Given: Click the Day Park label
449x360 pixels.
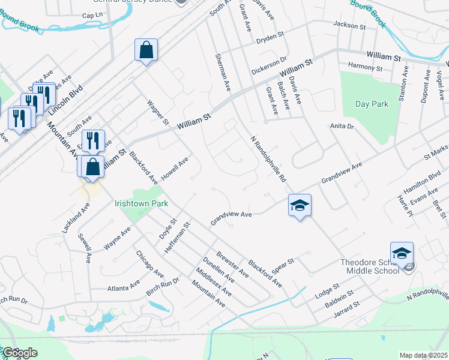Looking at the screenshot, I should tap(372, 104).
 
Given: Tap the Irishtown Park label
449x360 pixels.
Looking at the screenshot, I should tap(142, 203).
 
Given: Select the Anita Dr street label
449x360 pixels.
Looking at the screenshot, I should tap(342, 127).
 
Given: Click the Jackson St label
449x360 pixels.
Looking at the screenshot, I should tap(349, 26).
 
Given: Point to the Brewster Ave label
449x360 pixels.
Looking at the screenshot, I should tap(232, 264).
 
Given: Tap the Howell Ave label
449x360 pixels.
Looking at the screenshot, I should tap(175, 167).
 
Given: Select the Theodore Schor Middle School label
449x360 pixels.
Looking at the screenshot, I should tap(370, 266).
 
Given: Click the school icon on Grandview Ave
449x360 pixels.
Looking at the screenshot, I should tap(300, 206).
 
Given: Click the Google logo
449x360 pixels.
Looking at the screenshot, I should tap(19, 353).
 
